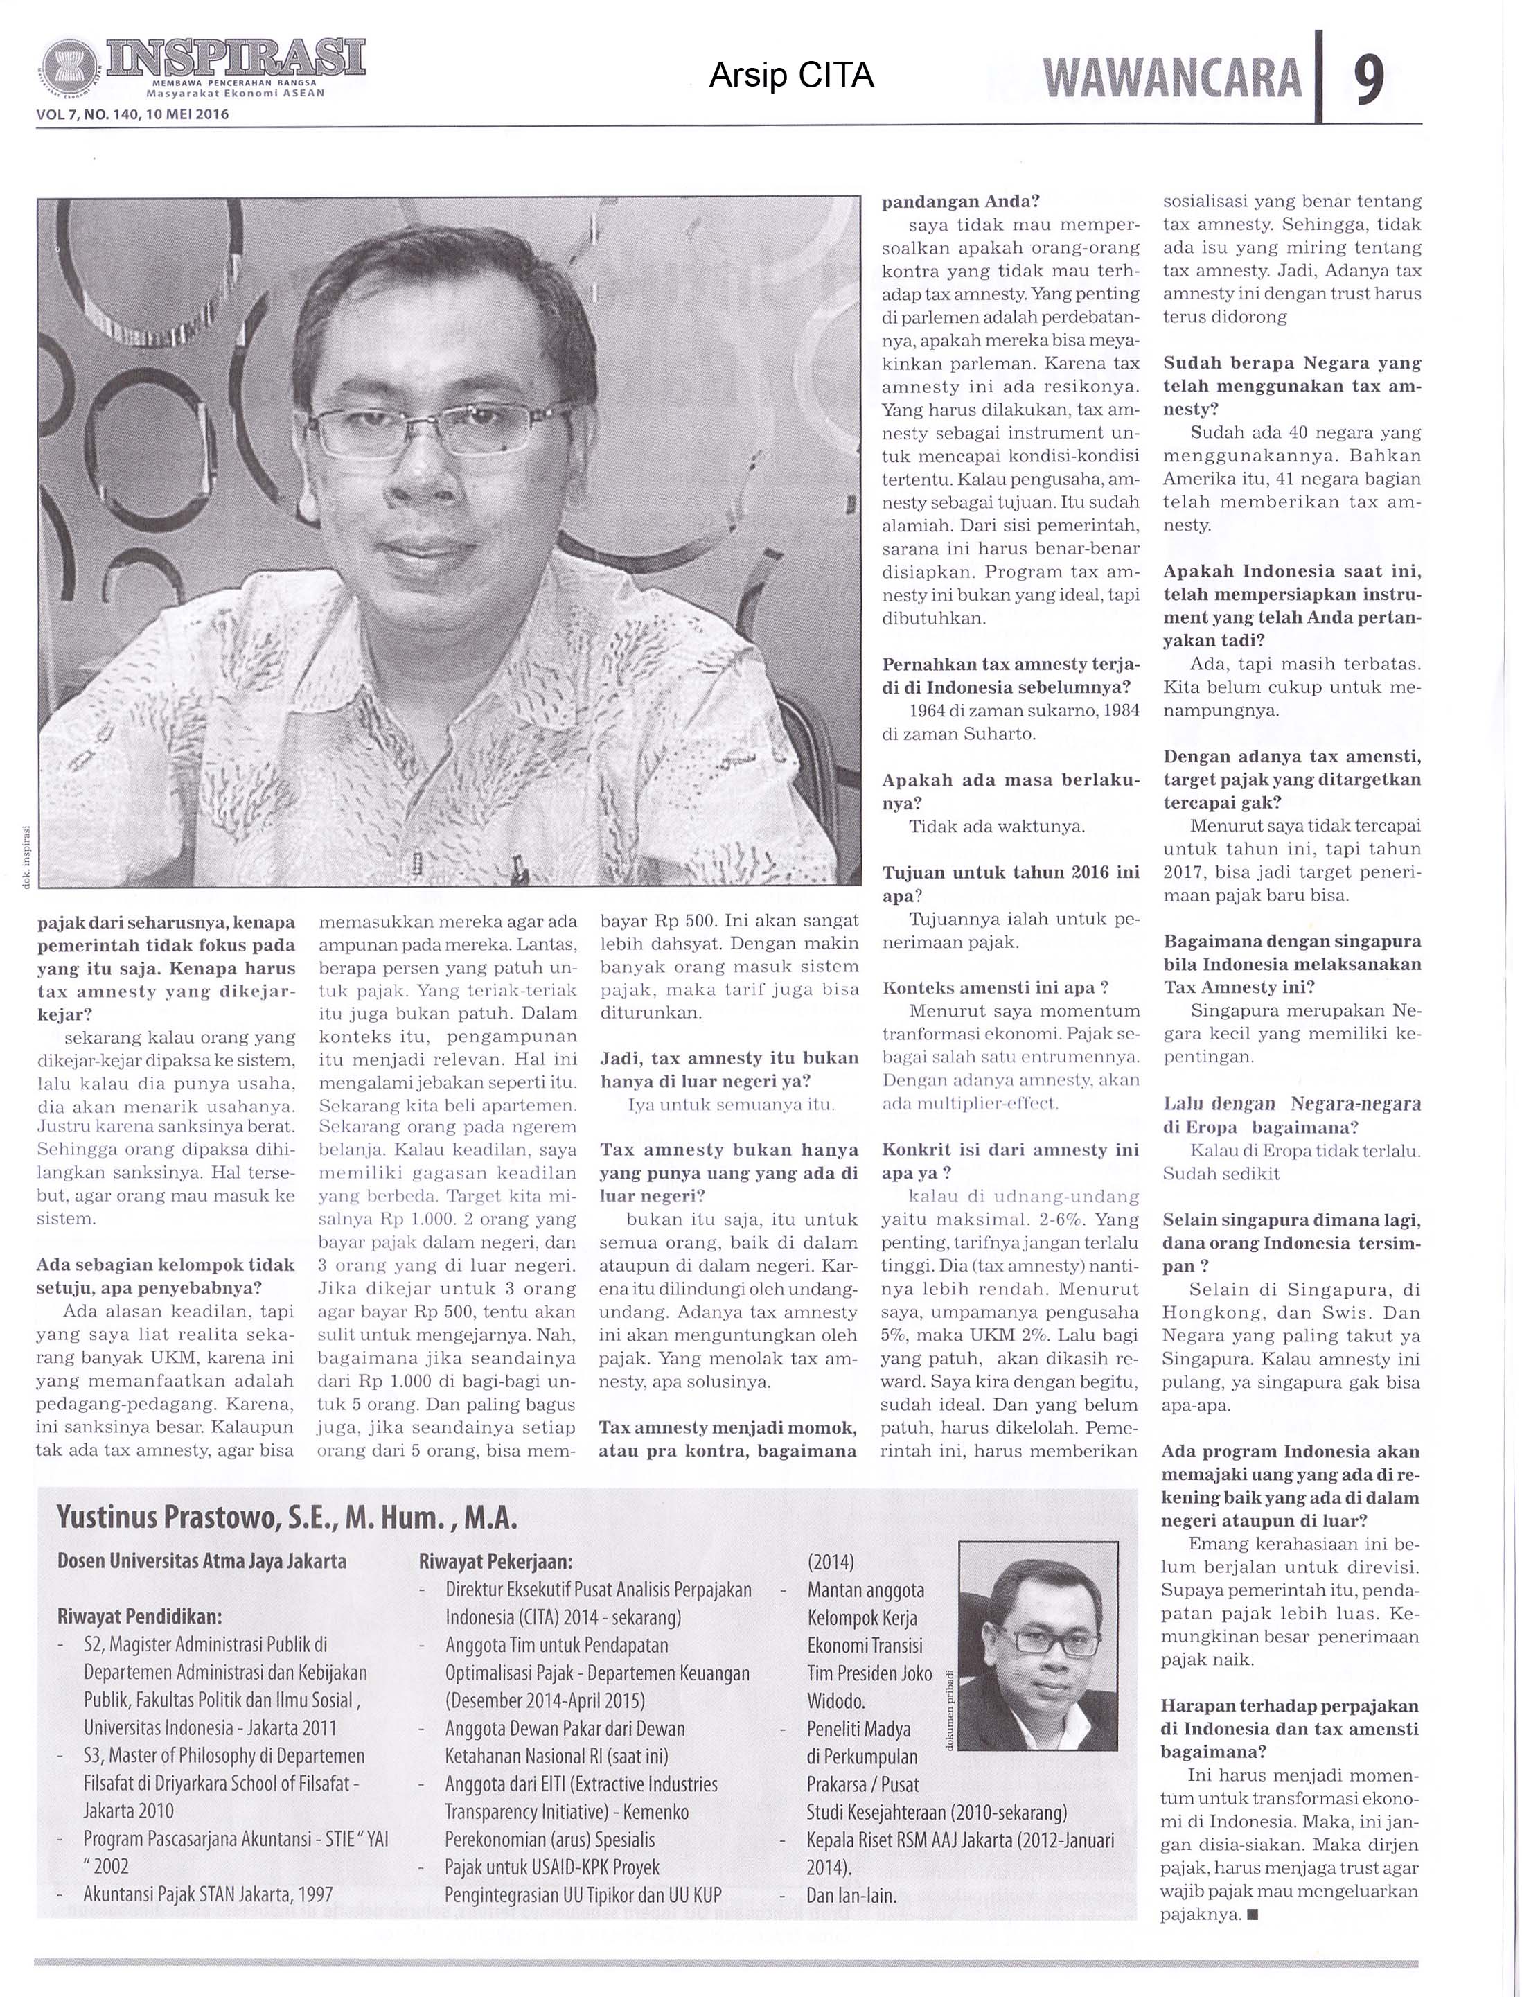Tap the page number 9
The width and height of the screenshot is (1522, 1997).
tap(1369, 80)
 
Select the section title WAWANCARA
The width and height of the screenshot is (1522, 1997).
tap(1172, 79)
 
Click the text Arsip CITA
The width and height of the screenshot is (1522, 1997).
tap(791, 76)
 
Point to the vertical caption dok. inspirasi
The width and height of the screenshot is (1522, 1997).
tap(26, 857)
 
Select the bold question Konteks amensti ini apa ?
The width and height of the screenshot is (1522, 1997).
tap(996, 987)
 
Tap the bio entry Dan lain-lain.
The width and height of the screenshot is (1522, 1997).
tap(851, 1894)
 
